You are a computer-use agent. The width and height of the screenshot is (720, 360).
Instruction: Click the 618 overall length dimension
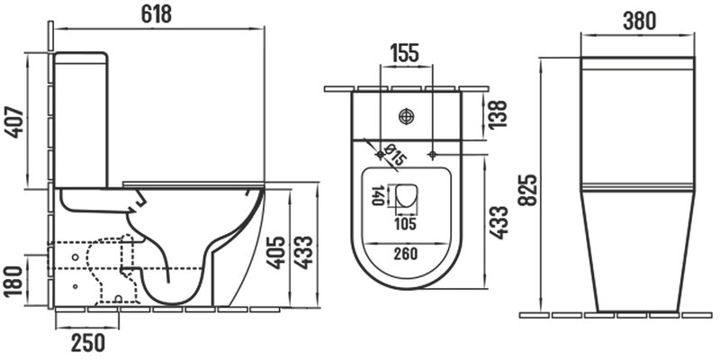tap(156, 14)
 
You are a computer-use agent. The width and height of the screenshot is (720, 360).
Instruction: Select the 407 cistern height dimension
tap(14, 121)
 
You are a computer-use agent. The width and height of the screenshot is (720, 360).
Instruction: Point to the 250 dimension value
tap(87, 343)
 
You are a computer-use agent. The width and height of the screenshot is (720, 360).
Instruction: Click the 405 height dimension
tap(277, 252)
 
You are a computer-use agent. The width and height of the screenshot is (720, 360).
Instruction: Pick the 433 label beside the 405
tap(303, 252)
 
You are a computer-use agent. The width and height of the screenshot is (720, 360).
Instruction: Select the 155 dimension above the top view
tap(404, 53)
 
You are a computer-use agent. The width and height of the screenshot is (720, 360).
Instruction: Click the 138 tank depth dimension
tap(499, 114)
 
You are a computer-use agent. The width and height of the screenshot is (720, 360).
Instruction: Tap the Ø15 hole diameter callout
tap(395, 155)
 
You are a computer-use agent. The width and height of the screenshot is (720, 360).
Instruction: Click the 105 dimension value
tap(406, 224)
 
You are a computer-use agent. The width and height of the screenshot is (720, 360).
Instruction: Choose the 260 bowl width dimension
tap(406, 254)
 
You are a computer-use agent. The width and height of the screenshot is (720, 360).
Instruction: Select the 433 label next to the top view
tap(499, 222)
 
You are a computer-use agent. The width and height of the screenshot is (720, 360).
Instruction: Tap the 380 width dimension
tap(639, 21)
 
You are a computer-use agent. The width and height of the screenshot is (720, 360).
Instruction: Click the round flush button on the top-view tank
tap(407, 116)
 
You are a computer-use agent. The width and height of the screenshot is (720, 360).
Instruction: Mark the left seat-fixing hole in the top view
tap(381, 155)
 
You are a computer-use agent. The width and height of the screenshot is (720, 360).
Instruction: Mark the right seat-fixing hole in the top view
tap(432, 155)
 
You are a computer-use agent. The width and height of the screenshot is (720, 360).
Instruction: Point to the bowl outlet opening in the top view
tap(406, 195)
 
